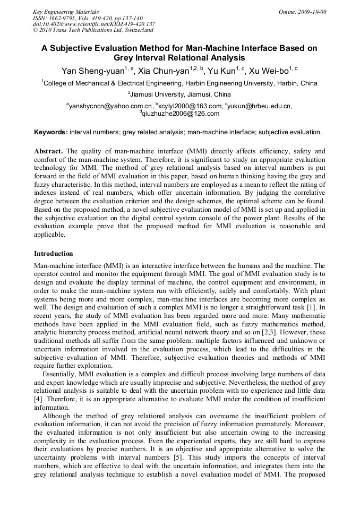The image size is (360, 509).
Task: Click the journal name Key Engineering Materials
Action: pyautogui.click(x=65, y=12)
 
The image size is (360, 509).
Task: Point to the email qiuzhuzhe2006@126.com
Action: pyautogui.click(x=181, y=114)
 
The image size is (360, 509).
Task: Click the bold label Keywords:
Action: pyautogui.click(x=51, y=132)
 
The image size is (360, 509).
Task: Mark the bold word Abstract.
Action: pyautogui.click(x=49, y=151)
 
